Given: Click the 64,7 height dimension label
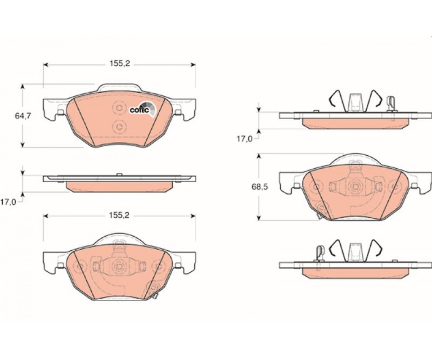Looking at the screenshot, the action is pyautogui.click(x=22, y=116).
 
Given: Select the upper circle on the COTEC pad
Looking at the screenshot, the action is pyautogui.click(x=119, y=108).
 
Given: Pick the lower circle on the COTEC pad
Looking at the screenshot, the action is pyautogui.click(x=119, y=127).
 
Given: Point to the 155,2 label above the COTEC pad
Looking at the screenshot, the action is pyautogui.click(x=120, y=64).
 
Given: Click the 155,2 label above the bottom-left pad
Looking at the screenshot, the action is pyautogui.click(x=120, y=216).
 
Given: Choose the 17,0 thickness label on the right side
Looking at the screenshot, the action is pyautogui.click(x=245, y=139).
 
